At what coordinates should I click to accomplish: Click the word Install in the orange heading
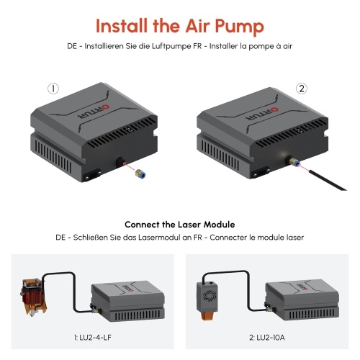(122, 25)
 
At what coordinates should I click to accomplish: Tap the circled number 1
(53, 89)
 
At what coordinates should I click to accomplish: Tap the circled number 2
(302, 89)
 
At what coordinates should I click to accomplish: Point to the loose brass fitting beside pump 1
(140, 174)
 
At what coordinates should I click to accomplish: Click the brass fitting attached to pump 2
(294, 161)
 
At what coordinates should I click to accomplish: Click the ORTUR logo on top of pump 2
(262, 113)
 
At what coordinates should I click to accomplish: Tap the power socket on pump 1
(92, 175)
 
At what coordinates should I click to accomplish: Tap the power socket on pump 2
(260, 172)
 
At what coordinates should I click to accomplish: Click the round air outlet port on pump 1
(120, 162)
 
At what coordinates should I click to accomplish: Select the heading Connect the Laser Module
(180, 225)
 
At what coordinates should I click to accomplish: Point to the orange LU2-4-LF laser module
(33, 297)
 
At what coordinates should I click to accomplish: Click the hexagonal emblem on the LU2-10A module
(207, 296)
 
